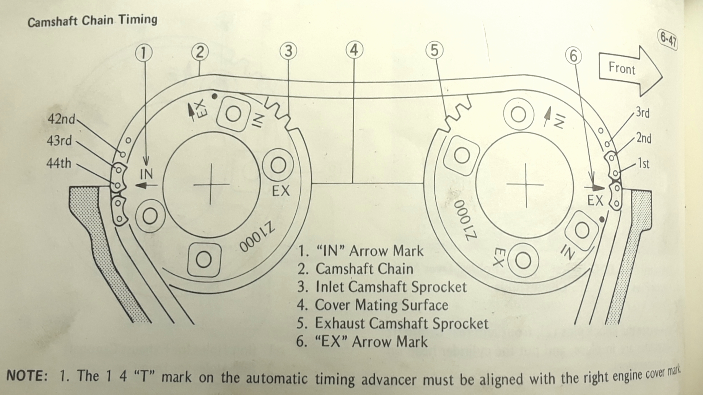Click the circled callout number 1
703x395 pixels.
click(144, 53)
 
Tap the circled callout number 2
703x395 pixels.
click(200, 52)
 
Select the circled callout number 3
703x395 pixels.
click(288, 51)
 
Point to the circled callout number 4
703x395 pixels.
click(354, 50)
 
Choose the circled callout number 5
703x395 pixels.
click(434, 50)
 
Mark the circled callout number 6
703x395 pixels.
click(573, 56)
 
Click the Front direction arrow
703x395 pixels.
click(630, 71)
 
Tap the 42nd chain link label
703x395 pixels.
click(61, 119)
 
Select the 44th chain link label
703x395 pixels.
click(59, 163)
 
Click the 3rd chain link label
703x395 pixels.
click(642, 113)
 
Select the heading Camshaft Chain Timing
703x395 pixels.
click(92, 21)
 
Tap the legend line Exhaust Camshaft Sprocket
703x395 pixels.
click(392, 323)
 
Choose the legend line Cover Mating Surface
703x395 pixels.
click(373, 305)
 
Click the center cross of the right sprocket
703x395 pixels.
click(526, 184)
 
